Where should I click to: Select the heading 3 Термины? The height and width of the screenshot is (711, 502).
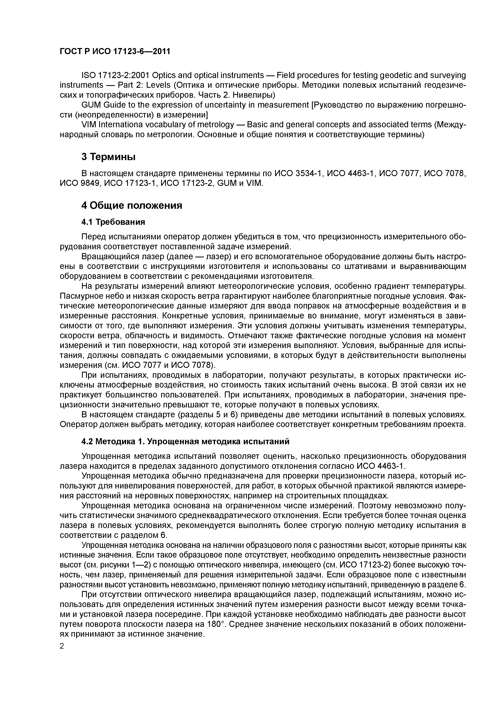(108, 157)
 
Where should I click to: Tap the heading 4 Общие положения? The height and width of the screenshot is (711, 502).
(132, 205)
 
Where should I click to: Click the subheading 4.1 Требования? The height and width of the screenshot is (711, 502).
(113, 222)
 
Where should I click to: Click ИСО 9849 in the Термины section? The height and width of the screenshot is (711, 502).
(80, 183)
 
